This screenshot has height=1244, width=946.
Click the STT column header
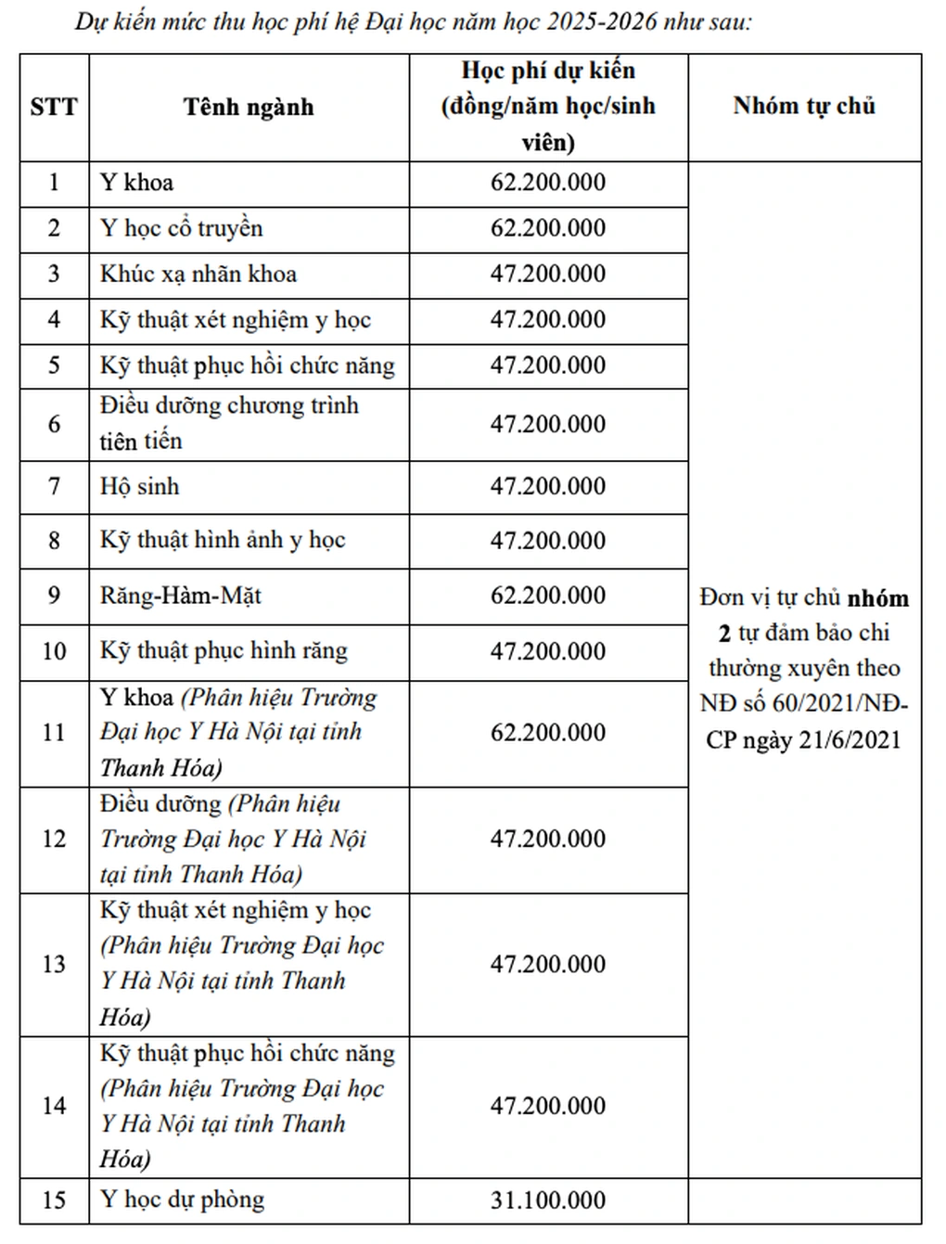54,107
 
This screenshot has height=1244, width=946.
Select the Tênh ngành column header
249,107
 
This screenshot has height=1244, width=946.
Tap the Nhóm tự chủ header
804,106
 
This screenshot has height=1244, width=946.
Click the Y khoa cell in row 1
137,182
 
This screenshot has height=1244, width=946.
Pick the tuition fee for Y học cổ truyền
548,228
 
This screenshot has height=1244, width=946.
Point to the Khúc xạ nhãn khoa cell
198,274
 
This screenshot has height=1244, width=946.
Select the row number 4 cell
54,320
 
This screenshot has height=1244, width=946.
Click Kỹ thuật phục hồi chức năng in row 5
248,366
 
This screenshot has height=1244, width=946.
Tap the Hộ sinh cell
140,486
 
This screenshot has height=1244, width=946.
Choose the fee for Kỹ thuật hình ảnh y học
548,540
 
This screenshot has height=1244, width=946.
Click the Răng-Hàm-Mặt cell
181,595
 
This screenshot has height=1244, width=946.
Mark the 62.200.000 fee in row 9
548,595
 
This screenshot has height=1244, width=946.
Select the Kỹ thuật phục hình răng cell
224,650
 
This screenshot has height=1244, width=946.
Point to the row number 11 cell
54,732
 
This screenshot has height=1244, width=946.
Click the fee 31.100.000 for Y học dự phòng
548,1199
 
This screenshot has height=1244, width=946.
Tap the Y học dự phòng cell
183,1199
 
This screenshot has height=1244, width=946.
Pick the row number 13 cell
54,964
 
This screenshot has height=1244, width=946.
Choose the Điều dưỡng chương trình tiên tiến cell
229,423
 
